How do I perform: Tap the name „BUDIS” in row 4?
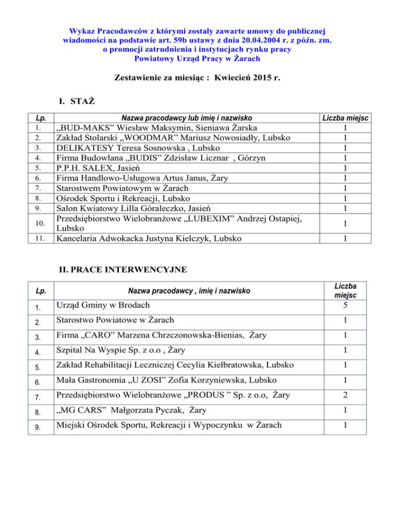click(153, 158)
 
